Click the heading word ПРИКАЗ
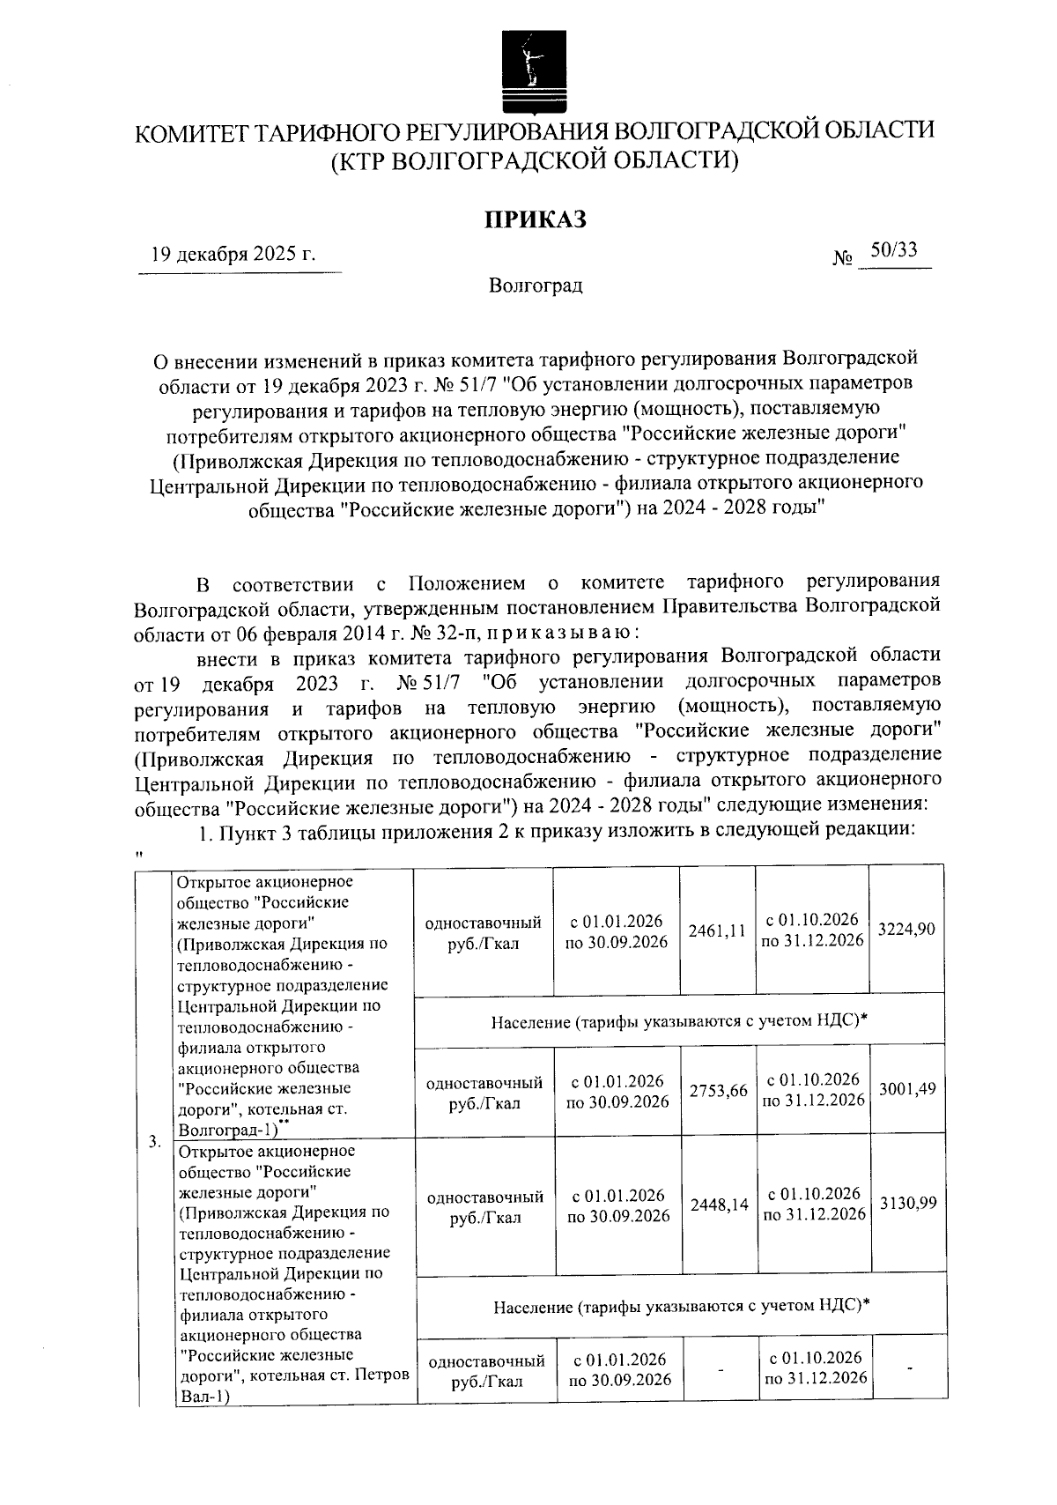(534, 220)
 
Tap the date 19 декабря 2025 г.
(233, 255)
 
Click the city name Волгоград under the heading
(536, 286)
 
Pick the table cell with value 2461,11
(717, 930)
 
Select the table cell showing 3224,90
(906, 930)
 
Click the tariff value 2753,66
(718, 1090)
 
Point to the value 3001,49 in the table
(907, 1089)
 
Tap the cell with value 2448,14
(719, 1204)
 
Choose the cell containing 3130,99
(907, 1203)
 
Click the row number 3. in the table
(154, 1142)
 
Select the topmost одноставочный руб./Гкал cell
(483, 932)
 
